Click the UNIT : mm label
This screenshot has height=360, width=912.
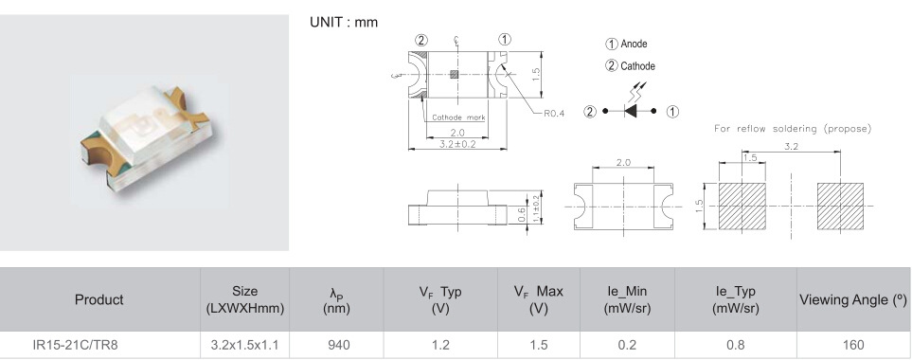(344, 22)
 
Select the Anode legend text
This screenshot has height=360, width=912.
(634, 44)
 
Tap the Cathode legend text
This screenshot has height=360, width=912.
(637, 65)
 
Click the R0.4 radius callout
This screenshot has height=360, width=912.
(554, 114)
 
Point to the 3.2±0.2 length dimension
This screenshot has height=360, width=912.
(457, 144)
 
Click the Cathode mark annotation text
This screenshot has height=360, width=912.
(458, 117)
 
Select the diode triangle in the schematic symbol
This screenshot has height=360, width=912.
(630, 111)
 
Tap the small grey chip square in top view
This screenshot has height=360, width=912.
(455, 74)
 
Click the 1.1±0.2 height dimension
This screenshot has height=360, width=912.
(536, 207)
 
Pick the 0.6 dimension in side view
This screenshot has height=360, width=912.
(522, 215)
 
